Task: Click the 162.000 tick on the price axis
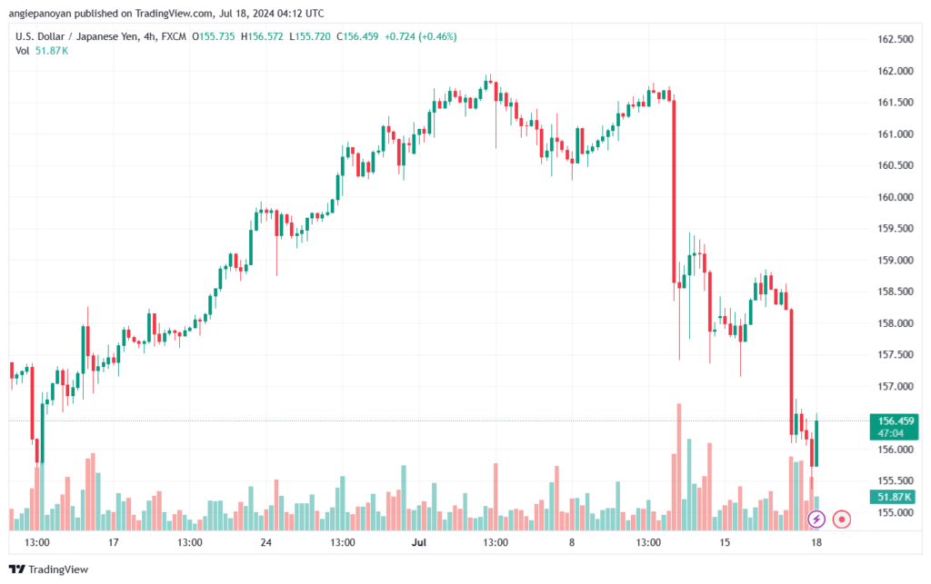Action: coord(896,71)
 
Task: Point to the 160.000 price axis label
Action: coord(896,197)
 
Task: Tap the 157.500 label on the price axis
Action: coord(896,354)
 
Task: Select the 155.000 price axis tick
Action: coord(896,512)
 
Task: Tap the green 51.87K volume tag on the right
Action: coord(894,497)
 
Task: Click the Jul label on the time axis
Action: coord(418,542)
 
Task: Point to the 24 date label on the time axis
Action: coord(266,542)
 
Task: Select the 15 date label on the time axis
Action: coord(725,542)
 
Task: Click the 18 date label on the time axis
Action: coord(816,542)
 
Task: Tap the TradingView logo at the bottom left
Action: coord(49,569)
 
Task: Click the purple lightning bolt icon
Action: coord(816,520)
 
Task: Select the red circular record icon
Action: coord(841,520)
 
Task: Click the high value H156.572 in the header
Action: coord(262,36)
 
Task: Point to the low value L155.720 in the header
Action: coord(310,36)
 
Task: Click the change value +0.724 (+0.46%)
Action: coord(420,36)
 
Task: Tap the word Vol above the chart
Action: coord(23,51)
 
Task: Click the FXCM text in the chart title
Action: coord(174,36)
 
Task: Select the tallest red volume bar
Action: coord(678,467)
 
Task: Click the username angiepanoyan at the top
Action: coord(40,13)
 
